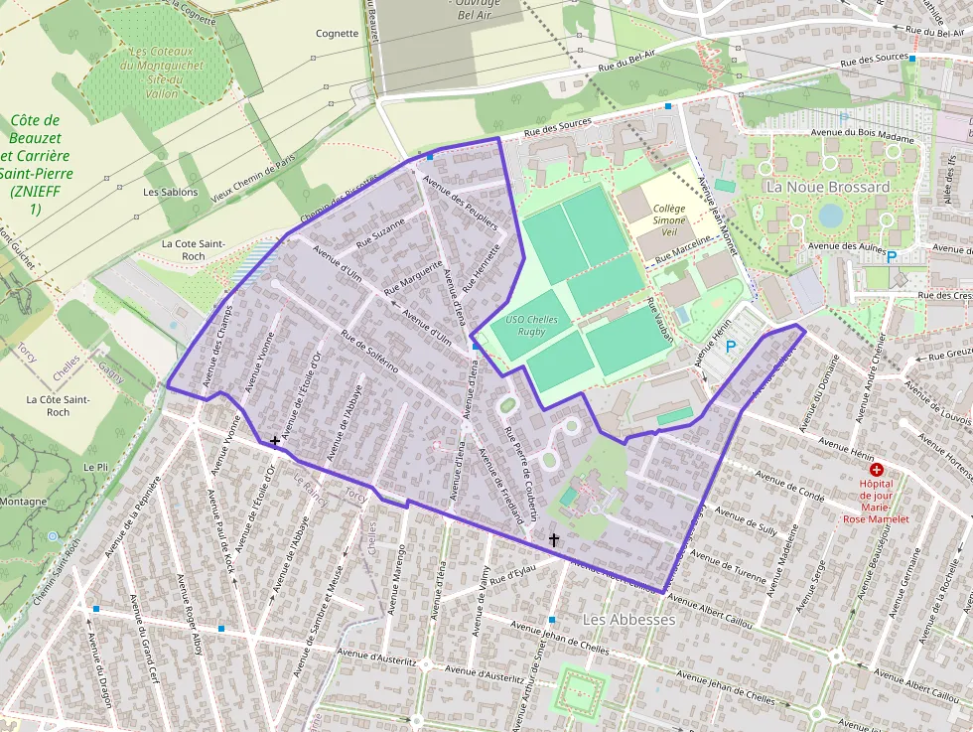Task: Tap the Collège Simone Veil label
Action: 669,217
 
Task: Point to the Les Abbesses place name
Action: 628,619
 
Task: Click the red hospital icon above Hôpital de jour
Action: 876,469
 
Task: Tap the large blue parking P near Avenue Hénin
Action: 732,347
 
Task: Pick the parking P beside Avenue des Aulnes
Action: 891,256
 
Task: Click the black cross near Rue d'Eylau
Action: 554,539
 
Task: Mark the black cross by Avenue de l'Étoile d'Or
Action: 274,440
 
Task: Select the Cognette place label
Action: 337,33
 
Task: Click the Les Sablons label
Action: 171,192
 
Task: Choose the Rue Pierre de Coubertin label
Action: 520,474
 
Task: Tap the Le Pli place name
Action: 96,467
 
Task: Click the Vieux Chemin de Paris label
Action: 254,178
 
